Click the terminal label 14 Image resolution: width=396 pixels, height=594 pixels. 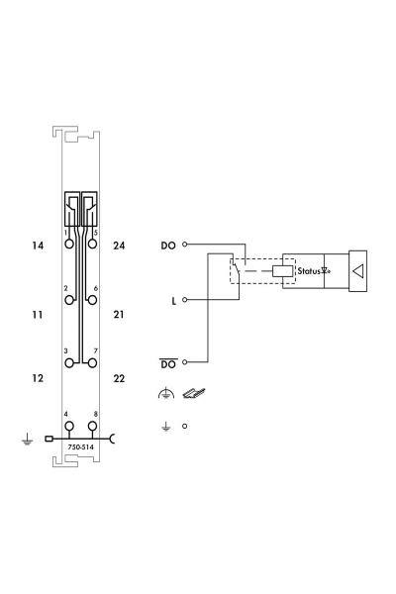pos(38,246)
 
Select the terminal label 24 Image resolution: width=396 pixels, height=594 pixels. pos(119,246)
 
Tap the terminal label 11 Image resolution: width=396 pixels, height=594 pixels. pos(38,315)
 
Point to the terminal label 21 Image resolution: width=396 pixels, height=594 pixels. pos(119,315)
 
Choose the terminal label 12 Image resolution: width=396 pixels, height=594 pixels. pos(38,378)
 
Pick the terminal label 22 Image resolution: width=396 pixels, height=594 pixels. pos(119,378)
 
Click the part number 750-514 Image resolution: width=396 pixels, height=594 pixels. pos(81,447)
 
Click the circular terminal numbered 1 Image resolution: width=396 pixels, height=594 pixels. pos(69,244)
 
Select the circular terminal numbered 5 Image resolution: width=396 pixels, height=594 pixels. pos(92,244)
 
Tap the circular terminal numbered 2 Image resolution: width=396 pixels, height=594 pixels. pos(69,300)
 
